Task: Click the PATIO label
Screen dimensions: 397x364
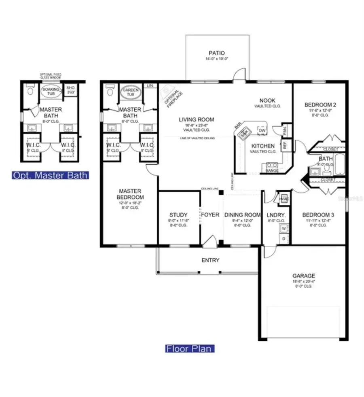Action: click(x=216, y=53)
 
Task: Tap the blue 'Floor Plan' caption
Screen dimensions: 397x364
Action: click(x=189, y=348)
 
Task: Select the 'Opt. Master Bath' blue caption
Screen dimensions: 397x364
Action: click(x=50, y=175)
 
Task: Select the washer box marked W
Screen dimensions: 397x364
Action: click(x=284, y=229)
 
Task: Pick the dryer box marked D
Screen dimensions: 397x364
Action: click(x=284, y=238)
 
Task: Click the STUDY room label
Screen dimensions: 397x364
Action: click(x=178, y=215)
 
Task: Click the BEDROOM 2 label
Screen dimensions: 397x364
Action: click(x=320, y=105)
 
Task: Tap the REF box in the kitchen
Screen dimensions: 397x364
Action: click(x=284, y=146)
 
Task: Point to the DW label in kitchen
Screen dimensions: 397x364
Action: click(x=262, y=130)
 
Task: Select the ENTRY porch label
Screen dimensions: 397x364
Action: click(x=210, y=260)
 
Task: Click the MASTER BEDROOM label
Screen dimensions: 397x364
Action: click(x=129, y=194)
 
